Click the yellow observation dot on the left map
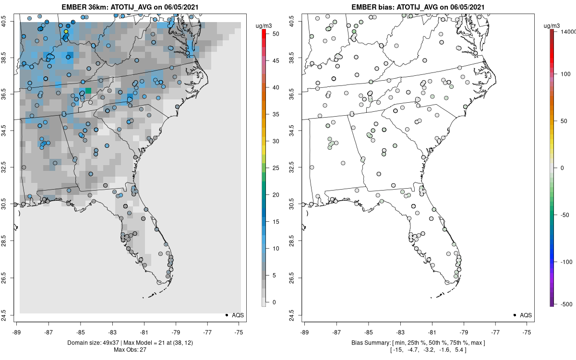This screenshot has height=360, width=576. pyautogui.click(x=66, y=32)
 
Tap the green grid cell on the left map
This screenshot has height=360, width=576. pyautogui.click(x=88, y=90)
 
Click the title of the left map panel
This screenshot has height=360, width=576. pyautogui.click(x=130, y=7)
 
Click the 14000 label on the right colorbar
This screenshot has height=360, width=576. pyautogui.click(x=568, y=31)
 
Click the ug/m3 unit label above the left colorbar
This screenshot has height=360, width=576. pyautogui.click(x=264, y=23)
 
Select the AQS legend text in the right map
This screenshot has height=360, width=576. pyautogui.click(x=526, y=315)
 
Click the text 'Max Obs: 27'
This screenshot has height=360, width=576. pyautogui.click(x=130, y=349)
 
